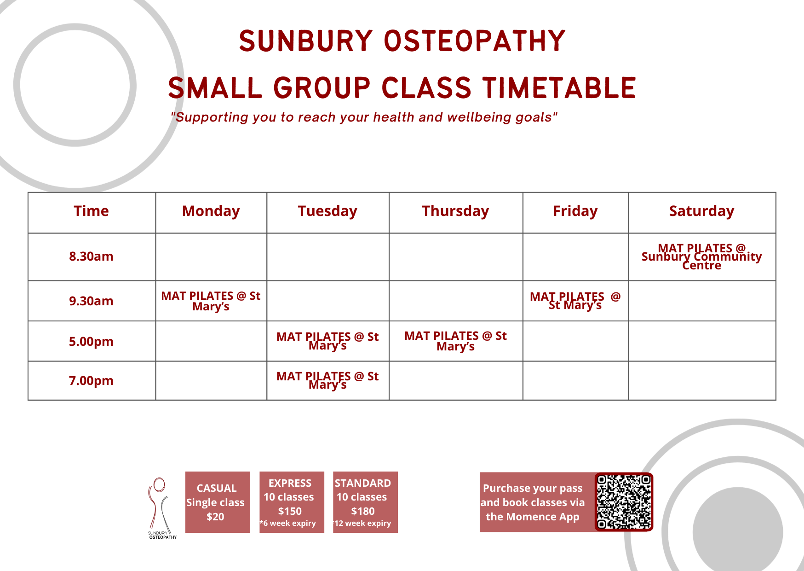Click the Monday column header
click(x=211, y=211)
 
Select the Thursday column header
click(x=455, y=211)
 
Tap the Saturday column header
click(x=701, y=211)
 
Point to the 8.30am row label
click(x=91, y=256)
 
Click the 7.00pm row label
click(x=91, y=381)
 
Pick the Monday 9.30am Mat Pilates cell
click(x=211, y=301)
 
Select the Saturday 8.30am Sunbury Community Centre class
click(x=701, y=256)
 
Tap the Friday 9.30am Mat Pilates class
click(x=575, y=301)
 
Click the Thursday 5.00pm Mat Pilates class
click(x=455, y=341)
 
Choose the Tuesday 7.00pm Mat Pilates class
click(x=327, y=380)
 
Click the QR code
click(x=624, y=501)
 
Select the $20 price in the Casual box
click(x=215, y=517)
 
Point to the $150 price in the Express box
click(x=290, y=511)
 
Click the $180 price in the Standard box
click(x=363, y=511)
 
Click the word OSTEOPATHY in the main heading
click(x=475, y=41)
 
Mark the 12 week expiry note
click(x=363, y=523)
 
